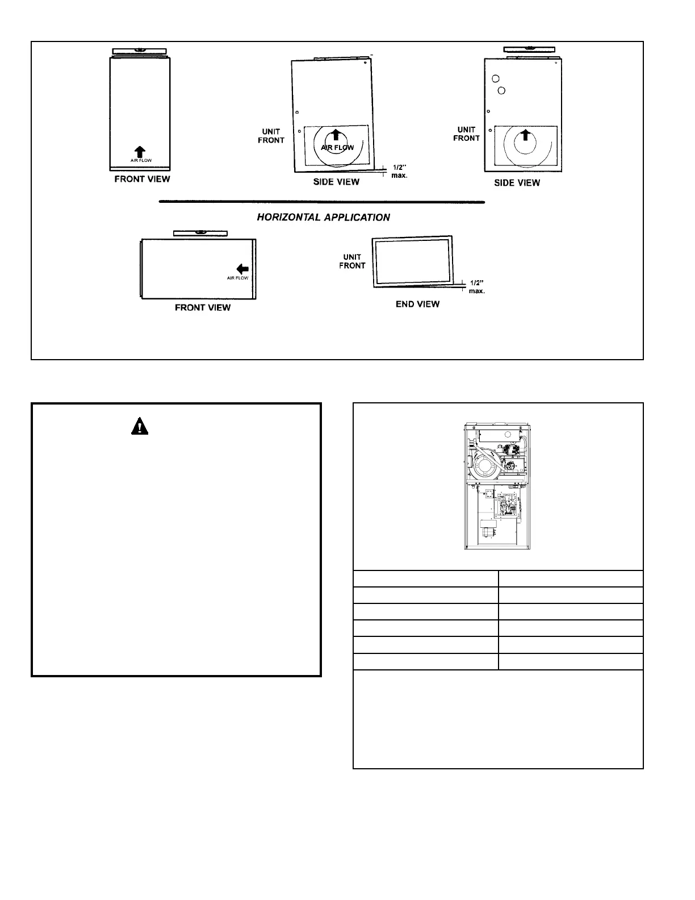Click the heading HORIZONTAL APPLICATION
point(323,218)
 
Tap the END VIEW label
point(417,304)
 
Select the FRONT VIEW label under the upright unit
point(142,179)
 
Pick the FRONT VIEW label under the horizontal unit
point(203,307)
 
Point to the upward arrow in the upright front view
point(140,151)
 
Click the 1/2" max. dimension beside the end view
point(476,286)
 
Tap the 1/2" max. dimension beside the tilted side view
point(399,172)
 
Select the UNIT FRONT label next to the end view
point(352,261)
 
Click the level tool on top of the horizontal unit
point(200,233)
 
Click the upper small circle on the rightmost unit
point(495,78)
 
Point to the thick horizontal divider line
point(322,202)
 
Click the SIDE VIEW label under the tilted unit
point(336,182)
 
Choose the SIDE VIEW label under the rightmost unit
point(517,183)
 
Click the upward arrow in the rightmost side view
point(526,134)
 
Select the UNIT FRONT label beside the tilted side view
point(271,136)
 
